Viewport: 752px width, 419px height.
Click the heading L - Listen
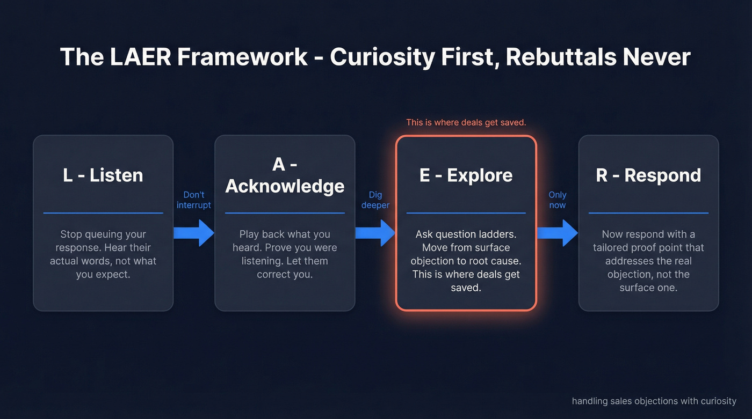pos(103,175)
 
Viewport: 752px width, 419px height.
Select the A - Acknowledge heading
pos(285,175)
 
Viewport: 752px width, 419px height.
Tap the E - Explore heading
pos(466,175)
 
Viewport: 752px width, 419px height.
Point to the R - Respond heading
pos(648,175)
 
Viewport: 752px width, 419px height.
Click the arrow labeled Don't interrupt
pos(194,233)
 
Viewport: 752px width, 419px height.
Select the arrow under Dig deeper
pos(375,233)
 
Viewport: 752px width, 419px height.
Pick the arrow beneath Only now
pos(558,233)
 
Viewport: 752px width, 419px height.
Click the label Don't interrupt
pos(194,200)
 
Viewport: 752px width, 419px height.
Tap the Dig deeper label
pos(375,200)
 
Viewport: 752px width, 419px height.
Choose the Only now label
pos(558,200)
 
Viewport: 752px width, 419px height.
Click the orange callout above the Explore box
pos(466,122)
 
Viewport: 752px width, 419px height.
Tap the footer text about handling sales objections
pos(654,401)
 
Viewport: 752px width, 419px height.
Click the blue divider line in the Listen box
pos(103,213)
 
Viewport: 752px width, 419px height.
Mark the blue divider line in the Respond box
pos(648,213)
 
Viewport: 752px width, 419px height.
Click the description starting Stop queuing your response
pos(103,254)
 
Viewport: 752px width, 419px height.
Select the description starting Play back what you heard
pos(285,254)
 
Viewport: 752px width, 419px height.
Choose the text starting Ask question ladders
pos(466,261)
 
